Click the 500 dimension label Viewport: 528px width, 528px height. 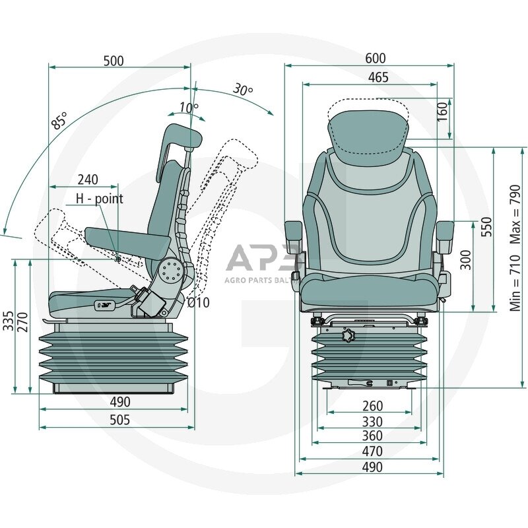tap(114, 61)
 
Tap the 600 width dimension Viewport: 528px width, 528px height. tap(375, 59)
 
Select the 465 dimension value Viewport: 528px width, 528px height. tap(378, 77)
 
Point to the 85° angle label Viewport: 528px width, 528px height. tap(60, 121)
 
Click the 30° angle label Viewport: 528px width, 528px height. tap(243, 90)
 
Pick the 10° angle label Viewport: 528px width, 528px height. tap(187, 108)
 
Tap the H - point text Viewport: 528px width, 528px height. tap(99, 198)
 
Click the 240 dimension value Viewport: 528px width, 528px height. tap(88, 180)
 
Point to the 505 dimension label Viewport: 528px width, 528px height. tap(119, 420)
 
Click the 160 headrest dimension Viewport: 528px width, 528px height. tap(442, 110)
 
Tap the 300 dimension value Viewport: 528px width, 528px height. tap(465, 259)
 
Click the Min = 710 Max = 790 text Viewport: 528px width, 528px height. tap(515, 247)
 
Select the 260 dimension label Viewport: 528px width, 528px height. tap(372, 405)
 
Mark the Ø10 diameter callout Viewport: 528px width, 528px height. tap(198, 303)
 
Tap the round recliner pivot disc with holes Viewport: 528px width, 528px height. tap(171, 271)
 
